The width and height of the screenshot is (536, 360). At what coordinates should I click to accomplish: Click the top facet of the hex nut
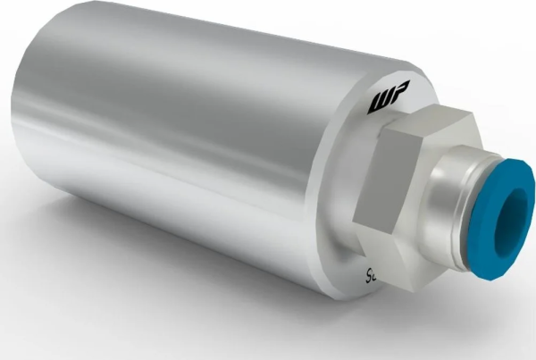tap(429, 123)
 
